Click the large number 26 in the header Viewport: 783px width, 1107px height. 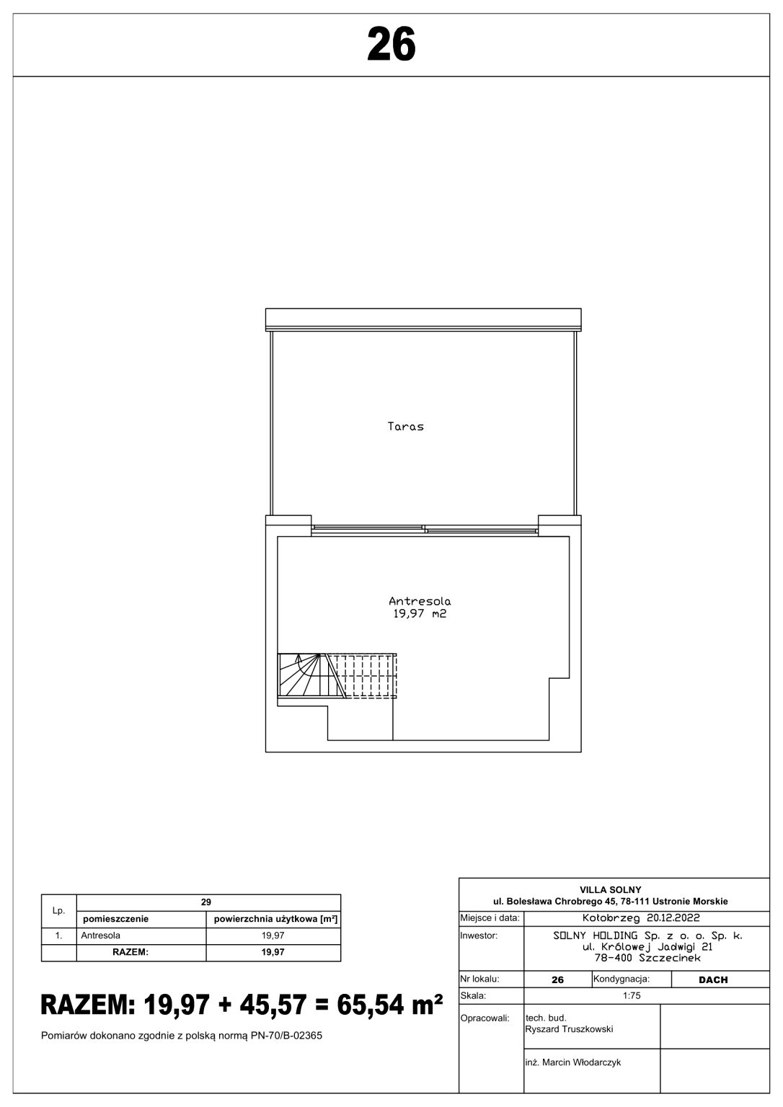coord(391,45)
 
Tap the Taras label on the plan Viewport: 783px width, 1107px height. coord(405,427)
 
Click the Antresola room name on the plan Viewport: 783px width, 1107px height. coord(420,602)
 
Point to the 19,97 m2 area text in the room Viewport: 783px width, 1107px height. coord(420,614)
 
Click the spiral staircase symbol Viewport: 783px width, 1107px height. coord(311,675)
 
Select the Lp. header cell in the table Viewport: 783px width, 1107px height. coord(59,910)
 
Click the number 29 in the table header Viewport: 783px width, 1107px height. coord(206,902)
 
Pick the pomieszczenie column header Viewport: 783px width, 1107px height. coord(115,919)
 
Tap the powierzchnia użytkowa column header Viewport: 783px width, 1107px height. coord(275,919)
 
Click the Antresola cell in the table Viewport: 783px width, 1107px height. coord(100,935)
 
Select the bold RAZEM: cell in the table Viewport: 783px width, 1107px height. coord(130,952)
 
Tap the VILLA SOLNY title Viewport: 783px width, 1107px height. coord(611,890)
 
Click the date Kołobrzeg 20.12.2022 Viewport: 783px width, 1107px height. coord(641,918)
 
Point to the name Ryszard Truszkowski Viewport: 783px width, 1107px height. coord(569,1029)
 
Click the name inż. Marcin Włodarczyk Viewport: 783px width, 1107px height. coord(573,1062)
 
